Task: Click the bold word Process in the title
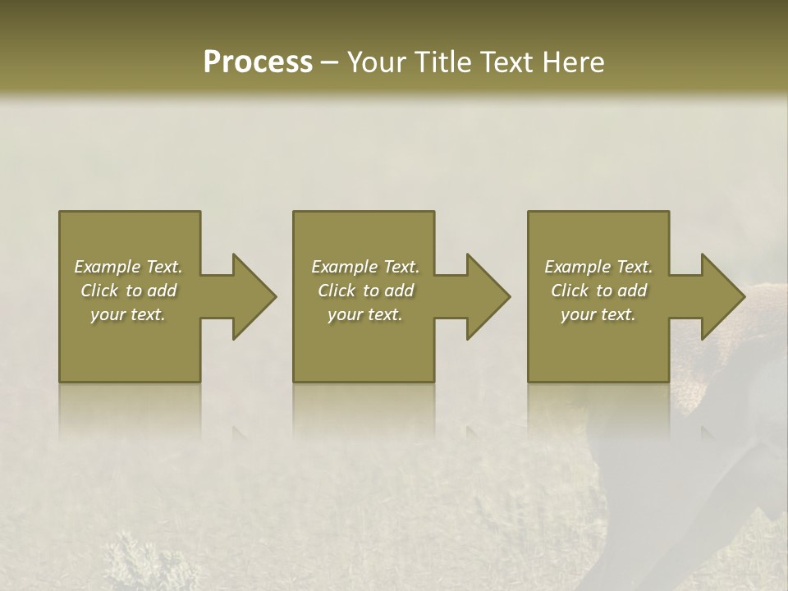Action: pos(258,62)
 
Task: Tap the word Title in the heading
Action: pos(441,62)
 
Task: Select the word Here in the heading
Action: pos(572,62)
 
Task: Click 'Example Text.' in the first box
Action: pos(128,267)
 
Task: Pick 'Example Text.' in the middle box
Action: pos(365,267)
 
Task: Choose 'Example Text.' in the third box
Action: pos(598,267)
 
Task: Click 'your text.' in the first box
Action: pos(128,314)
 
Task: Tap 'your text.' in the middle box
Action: pos(365,314)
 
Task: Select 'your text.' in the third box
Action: pos(598,314)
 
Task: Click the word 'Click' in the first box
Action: pos(100,291)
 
